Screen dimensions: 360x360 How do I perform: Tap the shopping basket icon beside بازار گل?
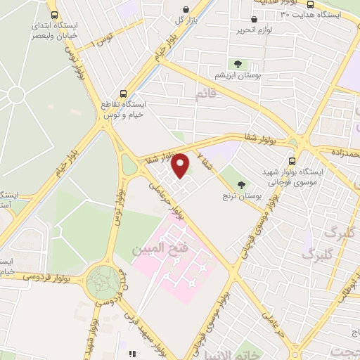tap(185, 10)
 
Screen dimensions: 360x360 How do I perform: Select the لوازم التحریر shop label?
tap(254, 30)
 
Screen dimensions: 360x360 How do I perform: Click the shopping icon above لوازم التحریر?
tap(254, 19)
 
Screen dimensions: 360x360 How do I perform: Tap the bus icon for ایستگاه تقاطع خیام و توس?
tap(124, 93)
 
